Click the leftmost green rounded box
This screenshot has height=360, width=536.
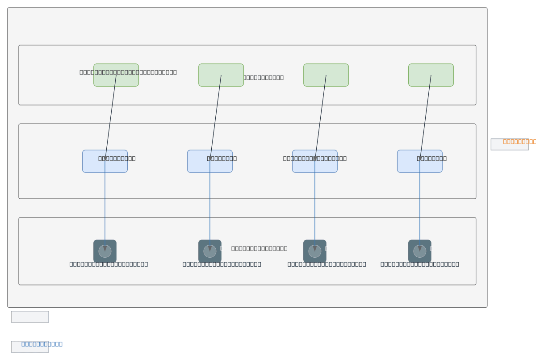[116, 80]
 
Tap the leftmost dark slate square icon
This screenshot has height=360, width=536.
[105, 251]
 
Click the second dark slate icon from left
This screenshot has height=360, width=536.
[210, 251]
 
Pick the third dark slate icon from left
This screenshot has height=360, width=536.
[315, 251]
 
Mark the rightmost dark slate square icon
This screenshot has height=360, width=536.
[420, 251]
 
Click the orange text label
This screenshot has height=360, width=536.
[519, 141]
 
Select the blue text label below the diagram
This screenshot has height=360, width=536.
[42, 344]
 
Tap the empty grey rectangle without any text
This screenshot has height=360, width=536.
[30, 317]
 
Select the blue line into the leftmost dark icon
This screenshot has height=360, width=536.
[105, 205]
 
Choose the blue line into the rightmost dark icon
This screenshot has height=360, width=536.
[420, 205]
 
